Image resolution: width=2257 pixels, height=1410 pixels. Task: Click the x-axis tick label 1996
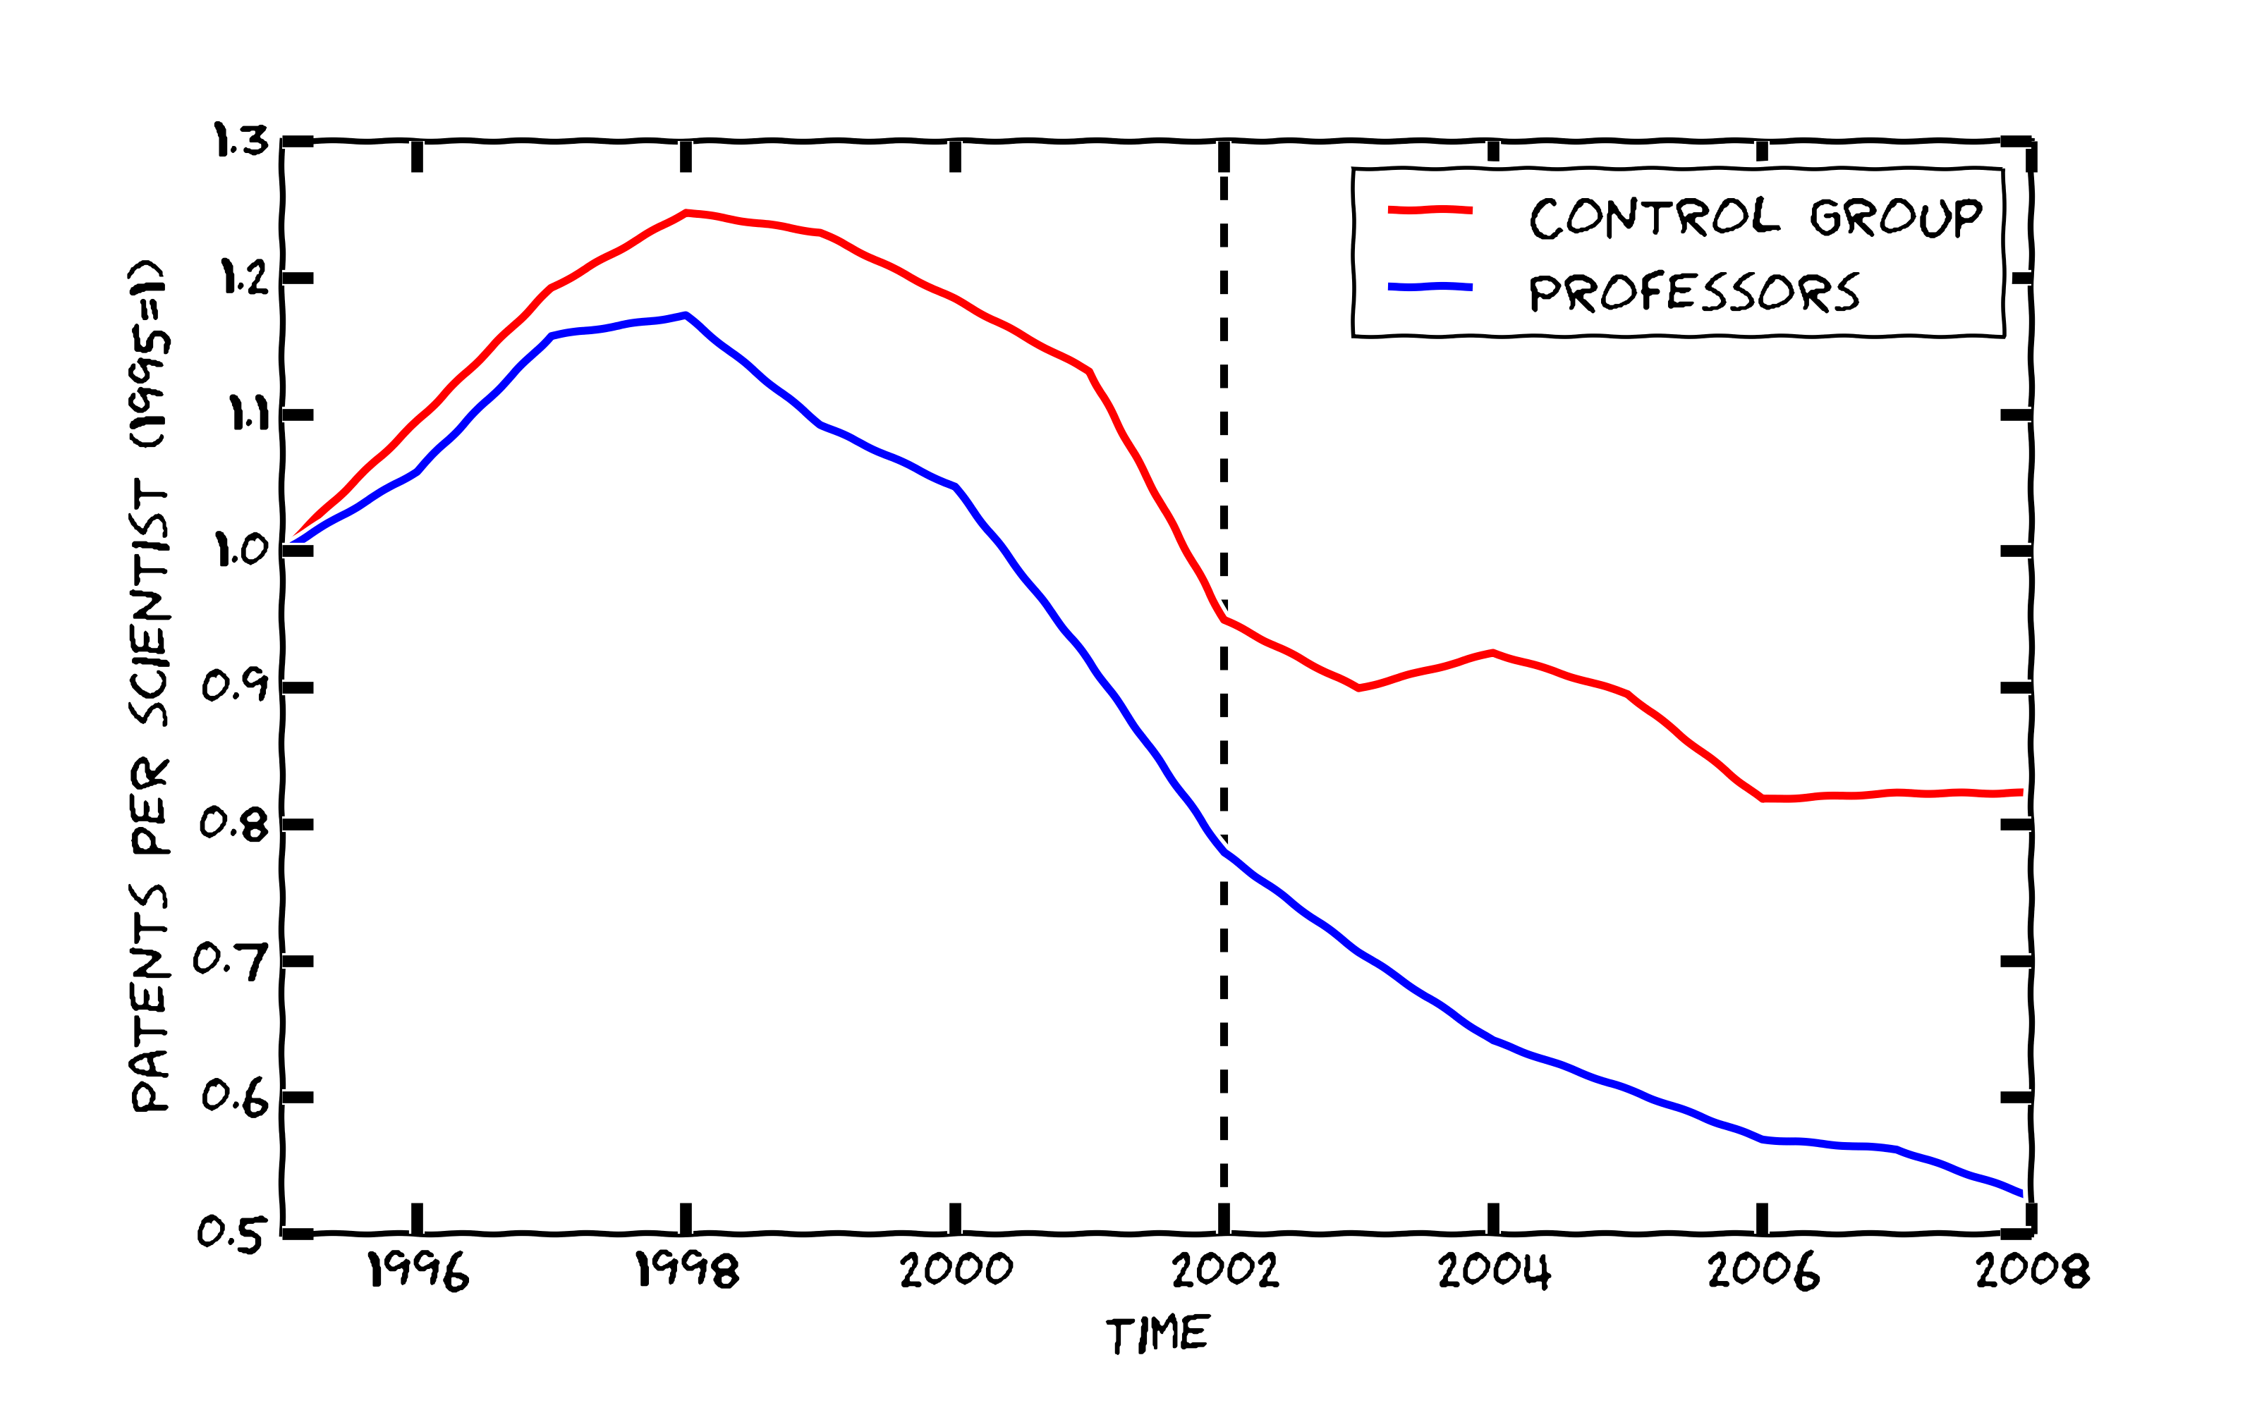coord(418,1270)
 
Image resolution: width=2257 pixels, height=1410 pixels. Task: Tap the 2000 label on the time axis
coord(956,1270)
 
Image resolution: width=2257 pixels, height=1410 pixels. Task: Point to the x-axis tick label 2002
coord(1224,1270)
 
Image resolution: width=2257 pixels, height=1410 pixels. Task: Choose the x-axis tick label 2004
coord(1494,1270)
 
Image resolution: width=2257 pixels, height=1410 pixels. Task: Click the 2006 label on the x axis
coord(1763,1270)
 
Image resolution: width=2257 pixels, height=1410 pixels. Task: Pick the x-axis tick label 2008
coord(2032,1270)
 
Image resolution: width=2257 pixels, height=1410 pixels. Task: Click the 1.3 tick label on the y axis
coord(241,141)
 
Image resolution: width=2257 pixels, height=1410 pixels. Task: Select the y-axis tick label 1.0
coord(241,550)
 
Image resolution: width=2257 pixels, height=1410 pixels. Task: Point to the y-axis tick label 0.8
coord(233,823)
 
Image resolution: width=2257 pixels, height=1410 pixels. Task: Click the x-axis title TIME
coord(1157,1335)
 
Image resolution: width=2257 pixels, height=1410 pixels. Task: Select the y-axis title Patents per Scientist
coord(150,685)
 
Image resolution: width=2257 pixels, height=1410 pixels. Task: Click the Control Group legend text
coord(1756,217)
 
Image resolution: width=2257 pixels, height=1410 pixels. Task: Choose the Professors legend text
coord(1693,293)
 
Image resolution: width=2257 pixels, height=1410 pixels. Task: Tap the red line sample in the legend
coord(1430,211)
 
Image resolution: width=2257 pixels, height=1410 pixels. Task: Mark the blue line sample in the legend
coord(1430,287)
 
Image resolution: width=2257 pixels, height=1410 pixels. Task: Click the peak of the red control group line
coord(686,214)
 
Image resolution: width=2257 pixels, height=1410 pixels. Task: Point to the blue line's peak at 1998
coord(686,315)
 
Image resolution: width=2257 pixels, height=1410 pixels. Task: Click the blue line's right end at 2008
coord(2021,1194)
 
